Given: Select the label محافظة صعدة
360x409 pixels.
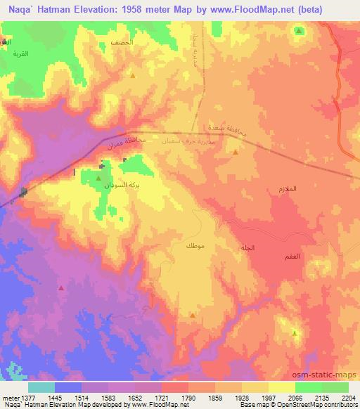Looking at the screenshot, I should pos(230,129).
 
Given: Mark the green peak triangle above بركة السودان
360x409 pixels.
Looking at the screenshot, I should pos(98,178).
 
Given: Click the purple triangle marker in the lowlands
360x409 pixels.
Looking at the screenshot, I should pos(61,287).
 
